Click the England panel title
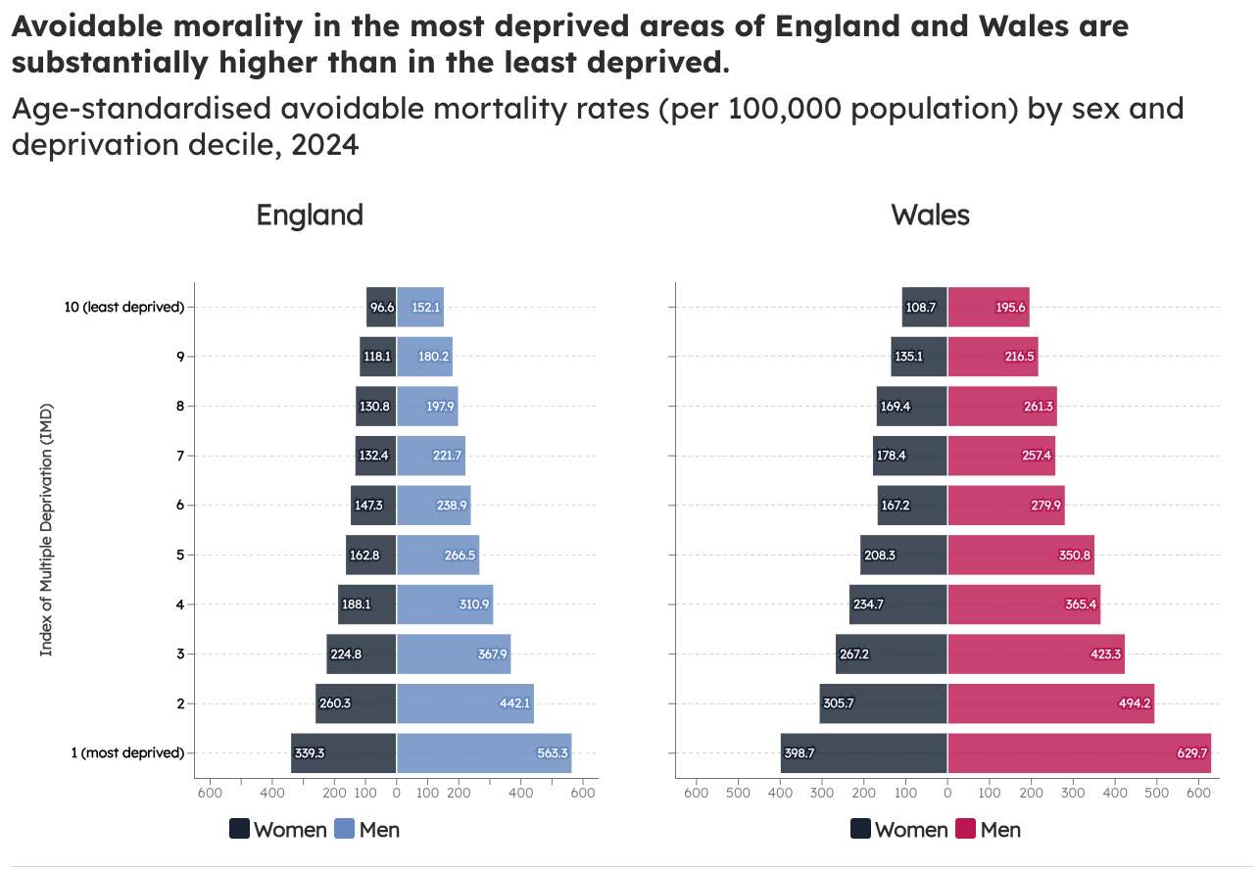[310, 215]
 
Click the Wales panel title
[930, 215]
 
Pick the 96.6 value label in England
[382, 307]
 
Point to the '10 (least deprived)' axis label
[124, 307]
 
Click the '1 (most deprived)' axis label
[127, 752]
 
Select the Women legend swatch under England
[239, 829]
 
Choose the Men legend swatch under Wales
[966, 829]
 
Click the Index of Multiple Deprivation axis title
[46, 529]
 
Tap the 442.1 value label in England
[514, 702]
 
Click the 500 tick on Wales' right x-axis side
[1156, 792]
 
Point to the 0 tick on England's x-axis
[396, 792]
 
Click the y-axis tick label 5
[179, 555]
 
